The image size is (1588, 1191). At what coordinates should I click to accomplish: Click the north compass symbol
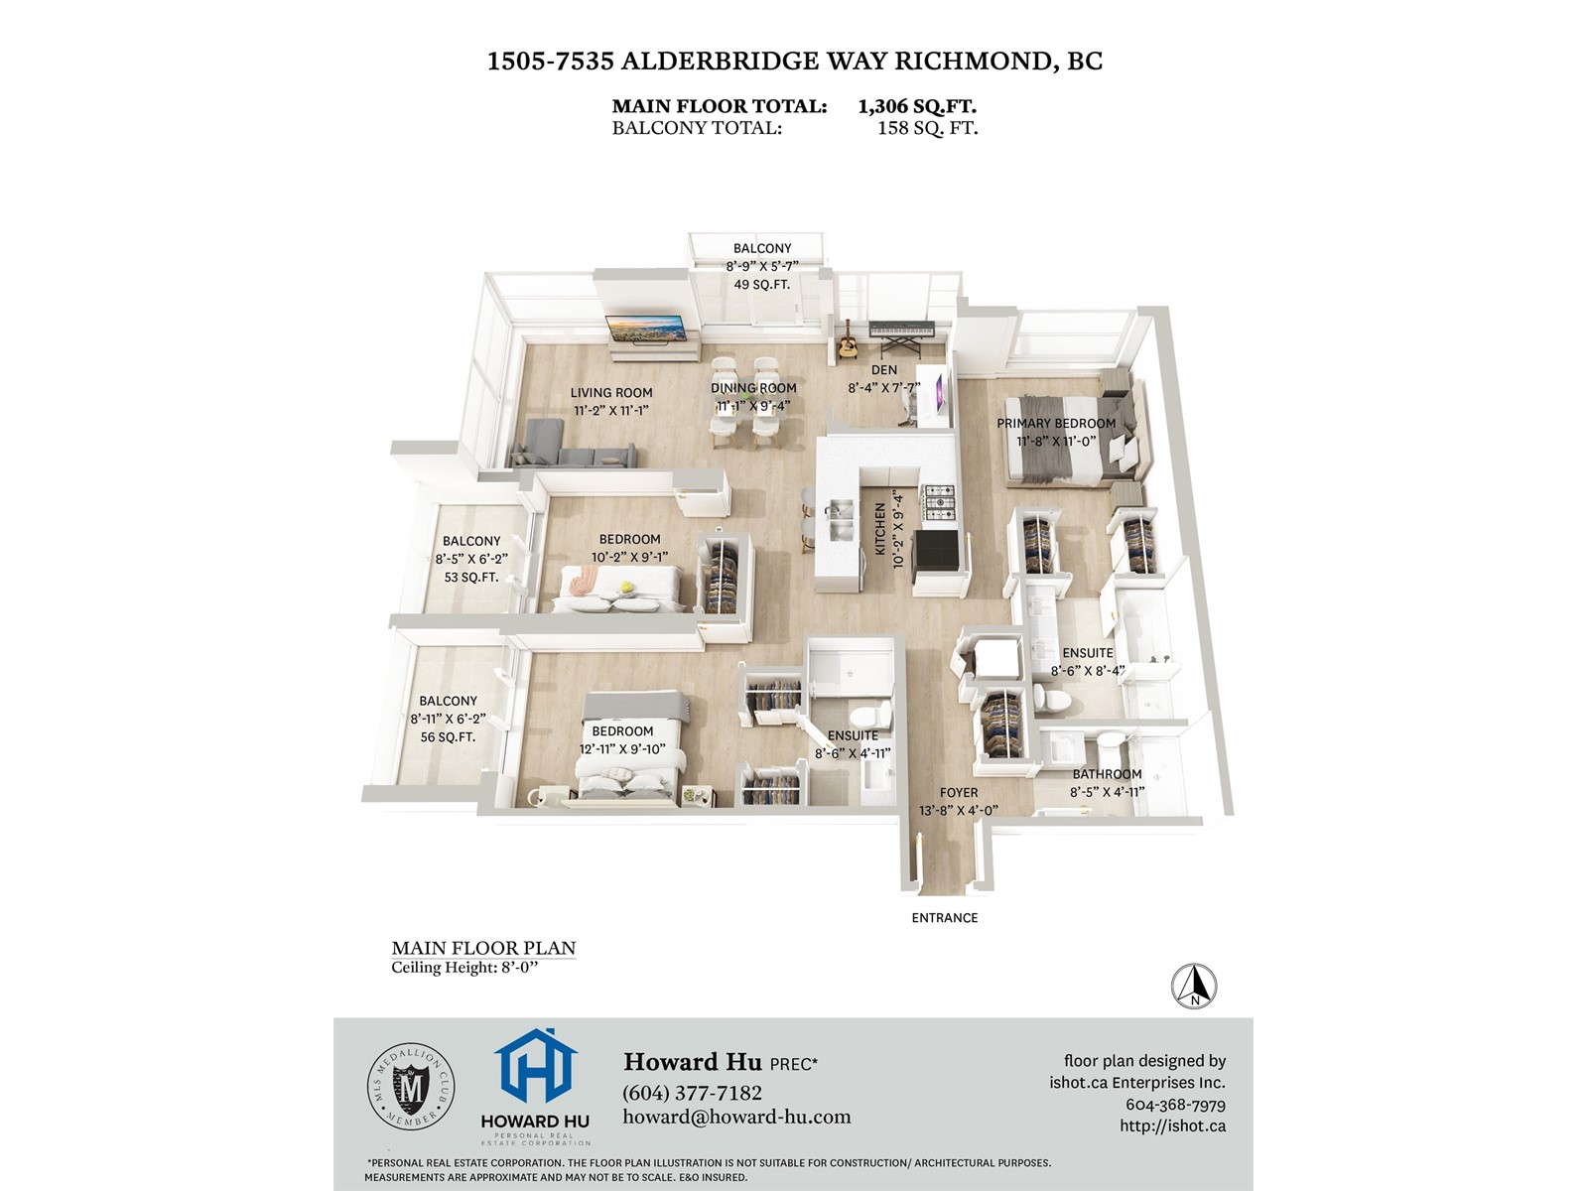[x=1194, y=986]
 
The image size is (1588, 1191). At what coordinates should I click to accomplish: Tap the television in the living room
[x=646, y=328]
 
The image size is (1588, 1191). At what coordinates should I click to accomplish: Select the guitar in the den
[x=848, y=343]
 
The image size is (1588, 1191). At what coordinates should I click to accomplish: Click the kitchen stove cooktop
[x=938, y=503]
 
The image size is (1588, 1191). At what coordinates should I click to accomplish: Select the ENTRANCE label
[x=944, y=918]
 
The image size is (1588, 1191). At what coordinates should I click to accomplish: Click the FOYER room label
[x=959, y=793]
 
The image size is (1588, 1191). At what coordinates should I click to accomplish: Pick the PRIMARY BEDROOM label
[x=1056, y=424]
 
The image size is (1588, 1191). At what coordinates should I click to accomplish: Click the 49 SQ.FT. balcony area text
[x=762, y=285]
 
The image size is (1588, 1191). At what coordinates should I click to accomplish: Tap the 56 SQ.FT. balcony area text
[x=448, y=737]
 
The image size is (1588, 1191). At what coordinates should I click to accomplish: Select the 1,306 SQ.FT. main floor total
[x=917, y=106]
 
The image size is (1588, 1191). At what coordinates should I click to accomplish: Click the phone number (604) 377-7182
[x=692, y=1093]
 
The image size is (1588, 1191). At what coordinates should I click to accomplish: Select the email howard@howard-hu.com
[x=736, y=1117]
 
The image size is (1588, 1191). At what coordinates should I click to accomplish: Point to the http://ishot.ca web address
[x=1172, y=1125]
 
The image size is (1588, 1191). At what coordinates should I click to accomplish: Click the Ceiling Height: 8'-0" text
[x=463, y=968]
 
